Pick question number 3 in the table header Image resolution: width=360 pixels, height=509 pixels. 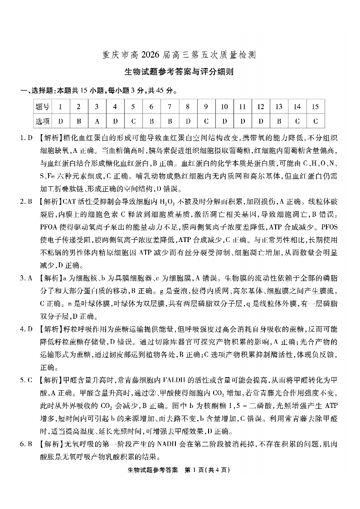[x=97, y=107]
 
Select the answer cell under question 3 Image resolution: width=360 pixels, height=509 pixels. [x=97, y=121]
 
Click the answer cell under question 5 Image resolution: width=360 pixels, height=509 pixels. [x=133, y=121]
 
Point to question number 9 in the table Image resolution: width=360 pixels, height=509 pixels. [x=206, y=107]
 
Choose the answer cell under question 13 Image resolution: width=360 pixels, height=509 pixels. [x=279, y=121]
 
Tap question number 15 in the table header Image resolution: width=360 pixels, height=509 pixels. [x=315, y=107]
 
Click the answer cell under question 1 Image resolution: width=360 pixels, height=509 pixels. [x=60, y=121]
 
